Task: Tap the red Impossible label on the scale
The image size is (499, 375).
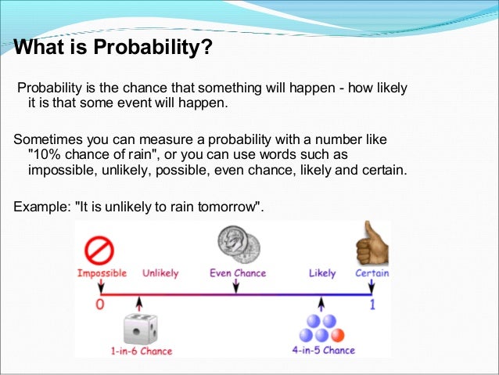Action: (102, 273)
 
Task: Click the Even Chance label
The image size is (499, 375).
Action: (238, 273)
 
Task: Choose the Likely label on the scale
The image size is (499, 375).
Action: (322, 273)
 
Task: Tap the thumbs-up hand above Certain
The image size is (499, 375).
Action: (372, 244)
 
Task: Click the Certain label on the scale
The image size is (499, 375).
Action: (372, 273)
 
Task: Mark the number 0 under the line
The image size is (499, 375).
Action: (100, 305)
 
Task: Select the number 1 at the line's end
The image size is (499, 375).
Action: (372, 305)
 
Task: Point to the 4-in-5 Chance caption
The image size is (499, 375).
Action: (324, 350)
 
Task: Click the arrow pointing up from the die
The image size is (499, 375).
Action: (139, 302)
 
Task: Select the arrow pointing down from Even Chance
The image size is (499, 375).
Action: (237, 286)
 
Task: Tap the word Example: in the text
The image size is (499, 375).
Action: (42, 207)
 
